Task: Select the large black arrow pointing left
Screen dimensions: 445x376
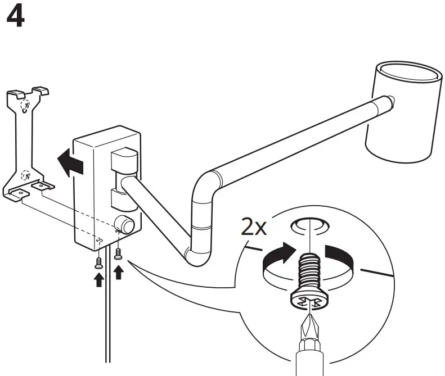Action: [70, 163]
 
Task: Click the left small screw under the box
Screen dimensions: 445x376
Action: [99, 261]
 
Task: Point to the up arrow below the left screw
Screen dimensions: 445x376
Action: [99, 279]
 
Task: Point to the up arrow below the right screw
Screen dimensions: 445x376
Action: [118, 272]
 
